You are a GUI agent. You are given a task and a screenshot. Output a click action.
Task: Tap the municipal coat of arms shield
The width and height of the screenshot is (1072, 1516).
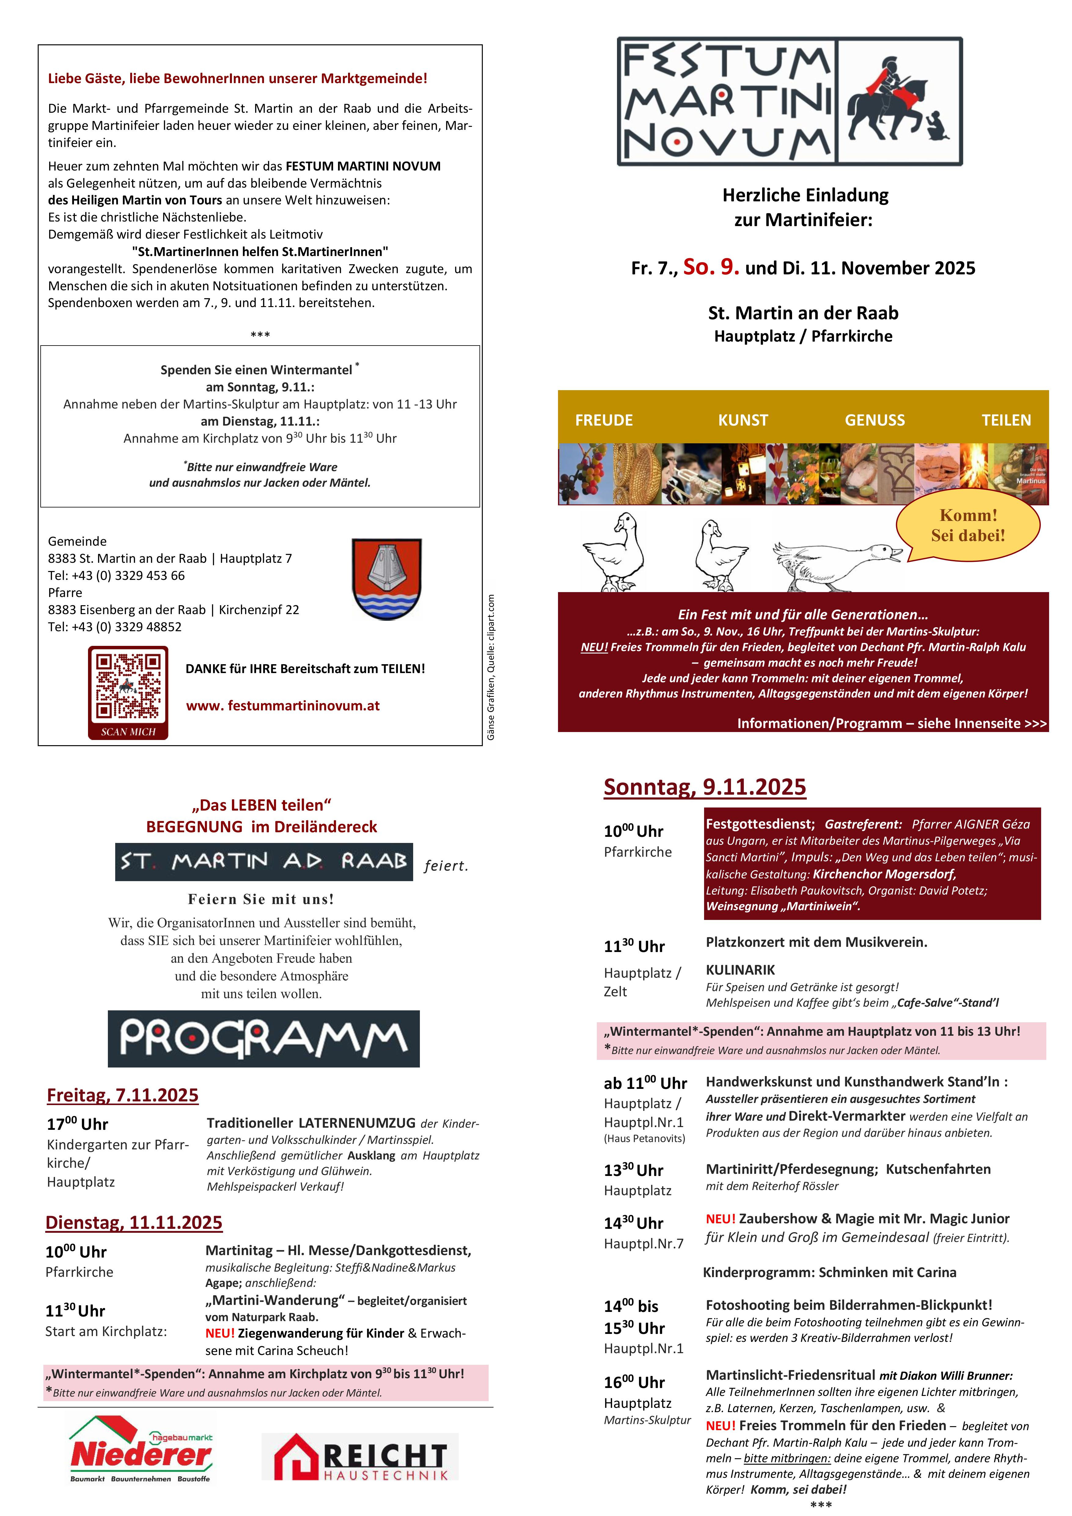[x=386, y=578]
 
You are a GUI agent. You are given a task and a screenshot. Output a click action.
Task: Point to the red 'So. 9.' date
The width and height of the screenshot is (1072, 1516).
[x=711, y=267]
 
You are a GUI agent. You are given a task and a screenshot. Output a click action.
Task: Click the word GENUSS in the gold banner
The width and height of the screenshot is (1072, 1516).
[x=875, y=420]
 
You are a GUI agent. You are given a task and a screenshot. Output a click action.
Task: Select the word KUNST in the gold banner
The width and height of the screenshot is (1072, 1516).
[x=743, y=420]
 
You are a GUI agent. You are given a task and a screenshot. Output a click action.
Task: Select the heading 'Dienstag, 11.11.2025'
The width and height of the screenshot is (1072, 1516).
[x=134, y=1222]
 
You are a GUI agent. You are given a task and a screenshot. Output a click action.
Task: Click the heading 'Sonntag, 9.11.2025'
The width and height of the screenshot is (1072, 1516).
[x=705, y=787]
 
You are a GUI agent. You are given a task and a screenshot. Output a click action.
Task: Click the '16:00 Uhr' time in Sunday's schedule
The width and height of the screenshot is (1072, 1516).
[x=634, y=1382]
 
